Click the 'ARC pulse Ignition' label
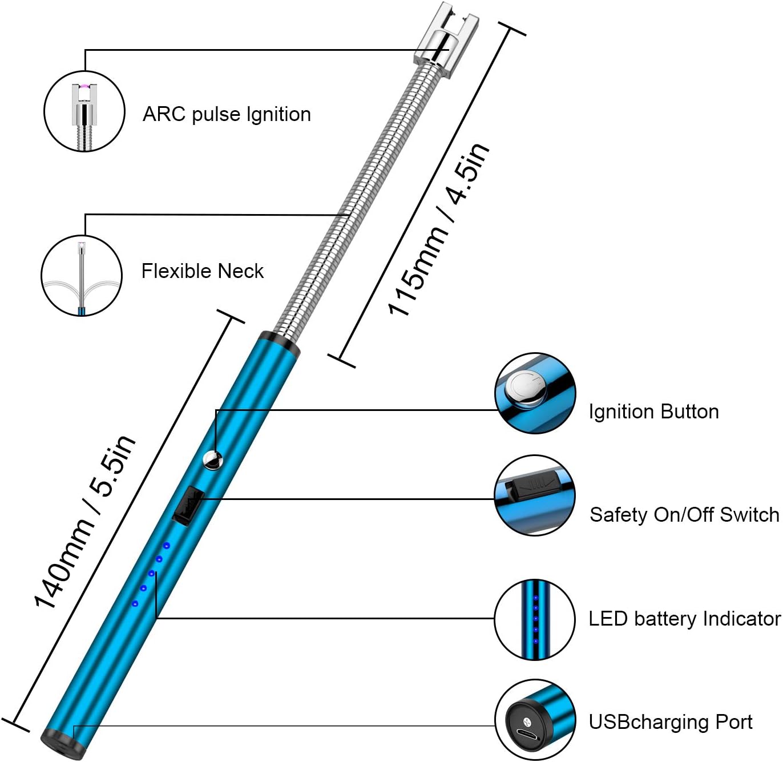click(x=227, y=115)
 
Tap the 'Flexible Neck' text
click(x=203, y=271)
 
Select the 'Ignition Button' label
click(x=654, y=412)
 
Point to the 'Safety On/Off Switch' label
click(x=684, y=515)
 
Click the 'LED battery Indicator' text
click(x=685, y=619)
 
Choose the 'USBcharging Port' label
click(x=671, y=722)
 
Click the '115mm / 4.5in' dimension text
click(x=438, y=229)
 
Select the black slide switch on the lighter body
click(x=188, y=506)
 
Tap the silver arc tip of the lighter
click(x=445, y=39)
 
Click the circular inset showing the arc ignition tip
click(x=84, y=111)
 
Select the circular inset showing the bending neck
click(x=82, y=276)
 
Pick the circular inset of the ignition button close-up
click(x=535, y=393)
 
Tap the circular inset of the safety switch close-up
click(x=535, y=495)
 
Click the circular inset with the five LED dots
click(x=535, y=619)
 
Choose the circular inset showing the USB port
click(x=535, y=720)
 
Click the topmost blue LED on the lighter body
click(x=167, y=546)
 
